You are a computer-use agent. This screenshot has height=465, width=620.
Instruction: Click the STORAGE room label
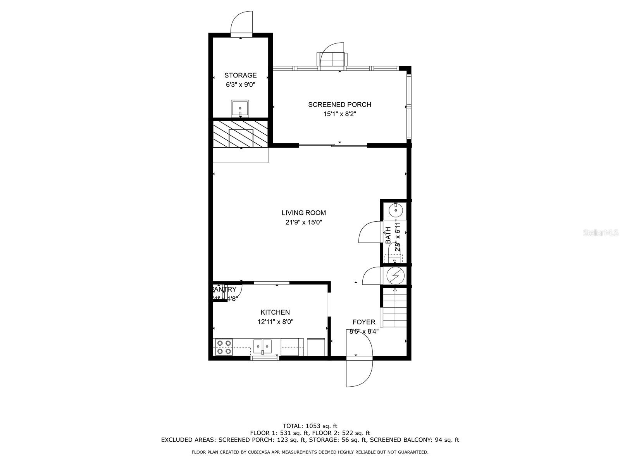tap(240, 75)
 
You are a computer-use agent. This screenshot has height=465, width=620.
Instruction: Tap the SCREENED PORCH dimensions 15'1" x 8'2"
tap(339, 114)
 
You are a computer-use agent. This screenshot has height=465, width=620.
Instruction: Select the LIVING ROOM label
tap(303, 213)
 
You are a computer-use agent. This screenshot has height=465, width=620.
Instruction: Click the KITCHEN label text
tap(275, 312)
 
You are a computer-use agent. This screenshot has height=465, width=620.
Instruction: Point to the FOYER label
tap(363, 322)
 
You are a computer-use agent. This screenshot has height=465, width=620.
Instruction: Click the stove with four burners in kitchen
tap(224, 347)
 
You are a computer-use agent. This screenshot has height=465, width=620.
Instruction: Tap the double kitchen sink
tap(263, 346)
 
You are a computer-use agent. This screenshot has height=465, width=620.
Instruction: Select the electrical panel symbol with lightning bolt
tap(395, 276)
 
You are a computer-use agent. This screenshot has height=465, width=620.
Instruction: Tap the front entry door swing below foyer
tap(359, 372)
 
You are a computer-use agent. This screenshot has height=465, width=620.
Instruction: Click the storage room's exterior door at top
tap(242, 23)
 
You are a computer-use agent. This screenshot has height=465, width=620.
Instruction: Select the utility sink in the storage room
tap(240, 108)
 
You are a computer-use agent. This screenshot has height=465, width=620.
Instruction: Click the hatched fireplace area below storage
tap(240, 134)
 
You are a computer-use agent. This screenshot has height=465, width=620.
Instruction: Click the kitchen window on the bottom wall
tap(265, 358)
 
